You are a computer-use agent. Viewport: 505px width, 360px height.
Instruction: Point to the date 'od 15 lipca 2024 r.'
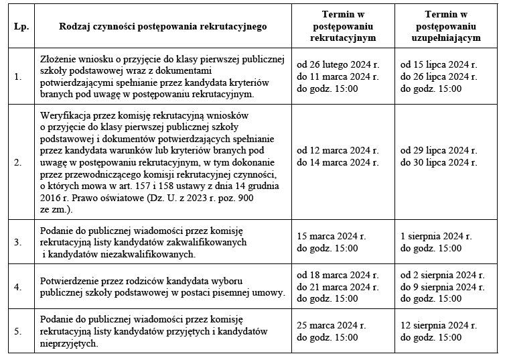pos(438,65)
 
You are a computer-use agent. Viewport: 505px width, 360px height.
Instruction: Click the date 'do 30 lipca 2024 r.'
pos(438,162)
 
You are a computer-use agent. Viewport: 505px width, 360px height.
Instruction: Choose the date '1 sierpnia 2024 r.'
pos(436,237)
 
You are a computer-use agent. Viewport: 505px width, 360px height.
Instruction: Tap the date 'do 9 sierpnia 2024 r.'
pos(442,287)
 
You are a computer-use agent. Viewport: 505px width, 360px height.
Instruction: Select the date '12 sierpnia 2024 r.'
pos(439,324)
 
